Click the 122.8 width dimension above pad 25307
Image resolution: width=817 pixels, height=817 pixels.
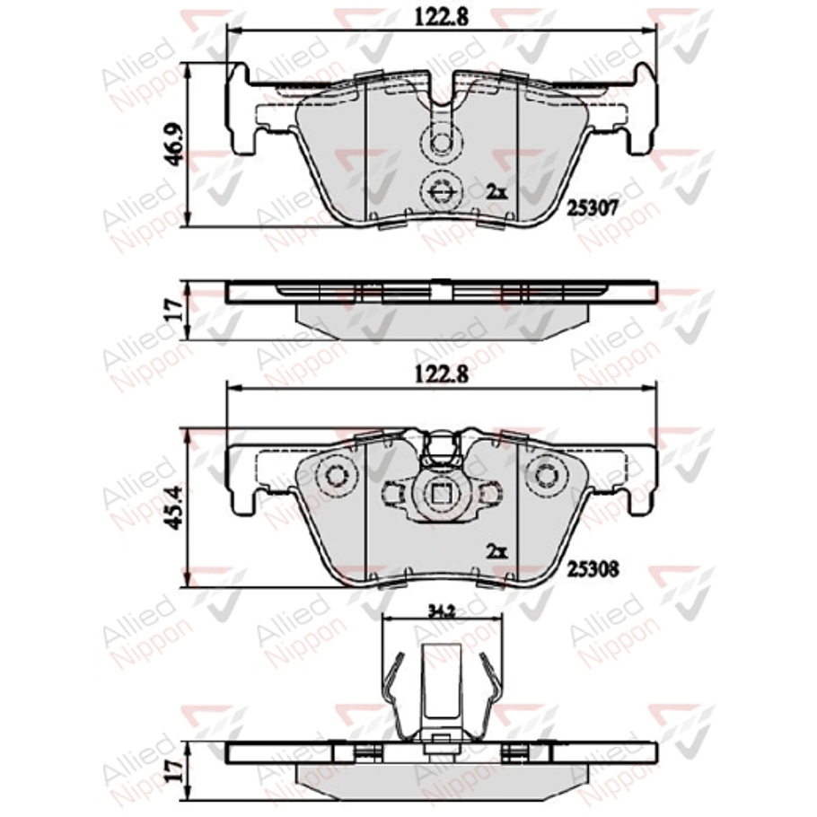(441, 16)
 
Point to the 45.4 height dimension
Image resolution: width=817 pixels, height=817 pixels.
(175, 508)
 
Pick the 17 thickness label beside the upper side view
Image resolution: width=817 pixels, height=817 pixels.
(175, 311)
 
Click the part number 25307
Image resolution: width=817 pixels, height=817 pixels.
(591, 207)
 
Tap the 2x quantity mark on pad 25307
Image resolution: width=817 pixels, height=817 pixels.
(496, 190)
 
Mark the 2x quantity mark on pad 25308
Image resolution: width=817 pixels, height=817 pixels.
(496, 550)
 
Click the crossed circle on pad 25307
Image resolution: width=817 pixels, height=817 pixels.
(440, 189)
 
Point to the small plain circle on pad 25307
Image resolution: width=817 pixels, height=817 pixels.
(440, 144)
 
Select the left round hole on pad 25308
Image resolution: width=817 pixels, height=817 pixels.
(338, 476)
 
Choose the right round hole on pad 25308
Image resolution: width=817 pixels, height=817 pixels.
(545, 476)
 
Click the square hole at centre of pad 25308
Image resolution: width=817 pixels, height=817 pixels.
(440, 493)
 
